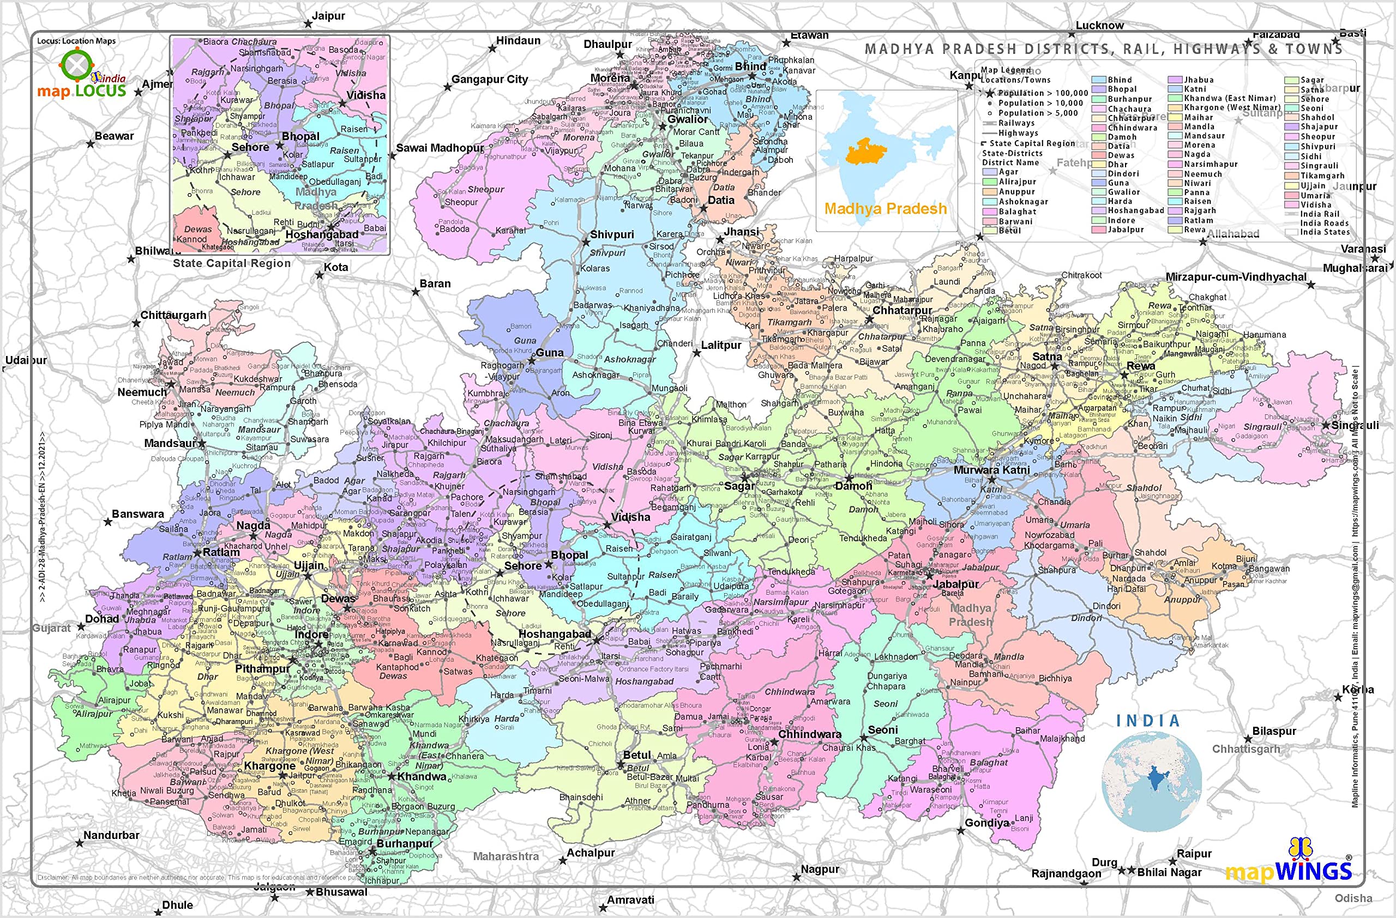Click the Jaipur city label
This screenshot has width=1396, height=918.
coord(328,16)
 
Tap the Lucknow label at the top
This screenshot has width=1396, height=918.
coord(1099,25)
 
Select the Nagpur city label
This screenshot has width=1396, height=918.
coord(820,869)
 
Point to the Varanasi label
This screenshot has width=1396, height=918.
coord(1363,249)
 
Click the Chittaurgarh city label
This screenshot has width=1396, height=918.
coord(173,316)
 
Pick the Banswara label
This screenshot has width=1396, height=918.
coord(138,514)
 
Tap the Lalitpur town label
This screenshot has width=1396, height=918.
coord(721,345)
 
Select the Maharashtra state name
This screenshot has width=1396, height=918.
coord(506,856)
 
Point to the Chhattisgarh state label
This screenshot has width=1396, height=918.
coord(1246,749)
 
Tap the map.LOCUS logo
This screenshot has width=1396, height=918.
coord(82,76)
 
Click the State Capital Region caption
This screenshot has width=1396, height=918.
coord(232,263)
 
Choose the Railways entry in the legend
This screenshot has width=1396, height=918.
coord(1016,123)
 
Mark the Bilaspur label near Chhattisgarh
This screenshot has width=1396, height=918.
coord(1274,731)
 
